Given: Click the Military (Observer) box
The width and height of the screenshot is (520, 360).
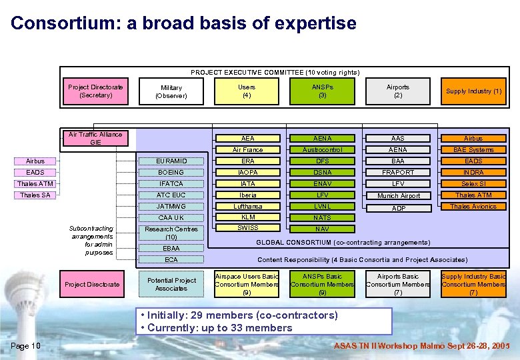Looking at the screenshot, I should point(171,92).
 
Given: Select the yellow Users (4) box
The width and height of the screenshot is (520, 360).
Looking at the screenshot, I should point(247,91).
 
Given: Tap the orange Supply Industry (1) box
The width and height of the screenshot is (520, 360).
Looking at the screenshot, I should point(474,91).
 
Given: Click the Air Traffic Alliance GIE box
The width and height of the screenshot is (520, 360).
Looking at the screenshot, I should point(95,139).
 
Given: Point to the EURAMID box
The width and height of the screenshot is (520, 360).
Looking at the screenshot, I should point(171,161).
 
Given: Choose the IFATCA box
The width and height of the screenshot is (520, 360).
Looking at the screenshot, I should point(171,184).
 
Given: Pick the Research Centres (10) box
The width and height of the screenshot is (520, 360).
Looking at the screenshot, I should point(171,233).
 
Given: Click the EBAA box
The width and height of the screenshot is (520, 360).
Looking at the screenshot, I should point(171,248).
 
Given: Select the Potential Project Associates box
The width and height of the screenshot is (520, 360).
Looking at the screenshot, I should point(171,285).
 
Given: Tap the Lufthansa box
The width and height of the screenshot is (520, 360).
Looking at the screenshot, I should point(247,207).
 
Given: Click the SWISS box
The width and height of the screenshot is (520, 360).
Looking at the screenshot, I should point(247,229).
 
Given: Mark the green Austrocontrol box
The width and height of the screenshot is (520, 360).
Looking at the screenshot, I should point(322,150).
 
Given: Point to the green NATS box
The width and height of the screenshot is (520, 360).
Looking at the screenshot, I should point(322,218).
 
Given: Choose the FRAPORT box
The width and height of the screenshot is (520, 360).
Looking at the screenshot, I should point(398,173).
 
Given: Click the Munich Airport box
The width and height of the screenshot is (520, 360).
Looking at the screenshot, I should point(398,195).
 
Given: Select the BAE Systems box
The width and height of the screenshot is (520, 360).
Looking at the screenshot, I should point(474,150).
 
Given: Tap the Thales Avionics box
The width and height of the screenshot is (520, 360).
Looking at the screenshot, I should point(474,207).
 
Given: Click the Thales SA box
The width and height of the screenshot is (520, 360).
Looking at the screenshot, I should point(35,195).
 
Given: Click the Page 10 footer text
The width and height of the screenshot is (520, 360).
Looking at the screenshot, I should point(26,345).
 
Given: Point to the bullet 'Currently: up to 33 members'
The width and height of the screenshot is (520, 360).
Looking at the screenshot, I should point(216,327).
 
